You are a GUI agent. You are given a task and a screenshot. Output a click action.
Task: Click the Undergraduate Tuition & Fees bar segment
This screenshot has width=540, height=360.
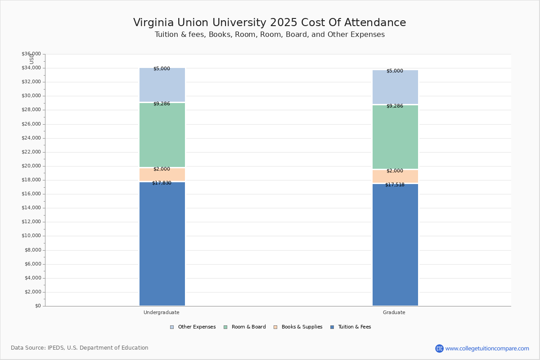[x=162, y=243]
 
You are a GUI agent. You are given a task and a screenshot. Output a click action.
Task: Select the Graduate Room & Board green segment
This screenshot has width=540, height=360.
[x=395, y=137]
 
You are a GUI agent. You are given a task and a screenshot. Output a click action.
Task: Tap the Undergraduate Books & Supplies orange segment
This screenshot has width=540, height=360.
[x=162, y=175]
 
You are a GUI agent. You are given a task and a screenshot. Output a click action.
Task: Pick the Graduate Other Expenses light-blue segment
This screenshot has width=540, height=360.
[x=395, y=88]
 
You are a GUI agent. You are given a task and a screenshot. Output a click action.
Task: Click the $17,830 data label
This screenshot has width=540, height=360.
[x=162, y=183]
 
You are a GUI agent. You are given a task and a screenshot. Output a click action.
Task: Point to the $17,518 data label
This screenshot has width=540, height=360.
[x=395, y=185]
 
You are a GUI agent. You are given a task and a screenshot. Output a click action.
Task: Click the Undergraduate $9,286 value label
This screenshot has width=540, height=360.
[x=162, y=104]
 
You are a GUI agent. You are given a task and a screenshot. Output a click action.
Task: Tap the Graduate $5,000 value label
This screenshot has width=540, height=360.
[x=395, y=71]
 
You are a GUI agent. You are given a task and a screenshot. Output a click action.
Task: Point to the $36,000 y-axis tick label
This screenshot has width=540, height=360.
[x=31, y=54]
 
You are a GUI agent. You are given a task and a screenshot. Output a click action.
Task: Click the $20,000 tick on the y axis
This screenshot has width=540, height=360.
[x=31, y=166]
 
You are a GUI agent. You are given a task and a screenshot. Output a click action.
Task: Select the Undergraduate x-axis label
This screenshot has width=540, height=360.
[x=162, y=312]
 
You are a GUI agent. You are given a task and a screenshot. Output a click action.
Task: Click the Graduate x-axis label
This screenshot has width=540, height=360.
[x=394, y=312]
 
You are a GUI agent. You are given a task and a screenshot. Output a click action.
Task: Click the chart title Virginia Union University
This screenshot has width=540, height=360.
[x=270, y=23]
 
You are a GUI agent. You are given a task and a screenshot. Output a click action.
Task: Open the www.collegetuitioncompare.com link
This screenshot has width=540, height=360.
[x=487, y=348]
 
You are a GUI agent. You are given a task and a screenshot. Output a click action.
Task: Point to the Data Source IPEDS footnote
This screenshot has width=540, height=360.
[x=80, y=348]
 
